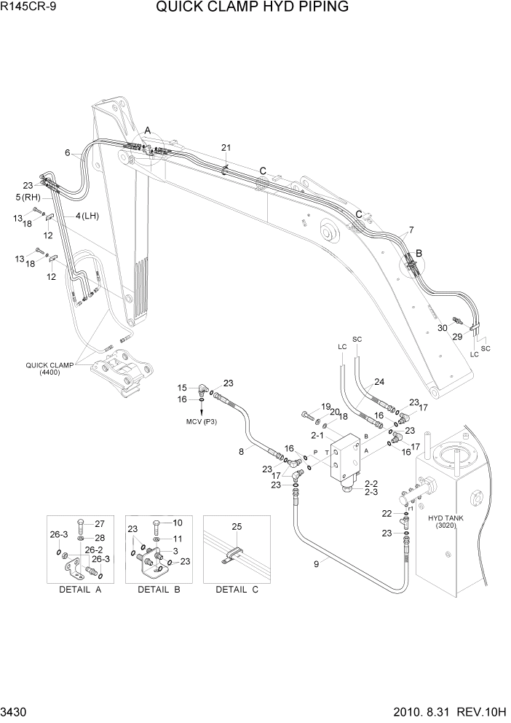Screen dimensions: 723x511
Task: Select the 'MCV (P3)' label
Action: pos(202,421)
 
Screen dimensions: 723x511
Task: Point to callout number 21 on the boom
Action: pos(226,148)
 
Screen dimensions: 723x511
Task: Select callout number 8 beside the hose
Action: pos(241,452)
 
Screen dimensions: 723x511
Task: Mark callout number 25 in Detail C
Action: pos(236,526)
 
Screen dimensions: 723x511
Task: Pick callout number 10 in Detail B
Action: pos(178,523)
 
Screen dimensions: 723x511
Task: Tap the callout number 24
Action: pos(379,381)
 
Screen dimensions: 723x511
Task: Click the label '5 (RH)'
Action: pos(28,197)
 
